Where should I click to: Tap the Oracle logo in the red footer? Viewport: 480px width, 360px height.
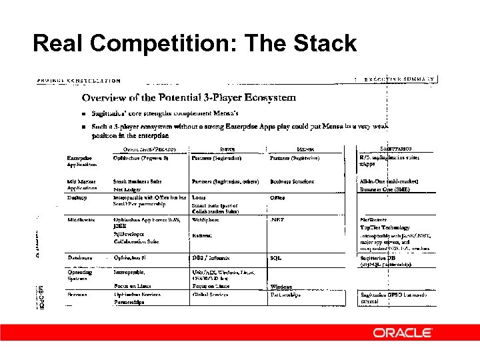point(402,332)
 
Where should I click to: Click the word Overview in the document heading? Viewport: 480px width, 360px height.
point(105,98)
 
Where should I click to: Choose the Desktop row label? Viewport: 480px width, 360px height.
point(77,197)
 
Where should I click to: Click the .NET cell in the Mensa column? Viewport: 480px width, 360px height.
point(278,219)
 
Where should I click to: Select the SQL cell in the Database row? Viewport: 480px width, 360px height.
point(275,257)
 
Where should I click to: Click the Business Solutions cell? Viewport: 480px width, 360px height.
point(291,181)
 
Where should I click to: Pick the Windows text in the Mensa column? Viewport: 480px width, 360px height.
point(283,287)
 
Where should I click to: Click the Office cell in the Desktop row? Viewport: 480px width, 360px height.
point(277,197)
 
